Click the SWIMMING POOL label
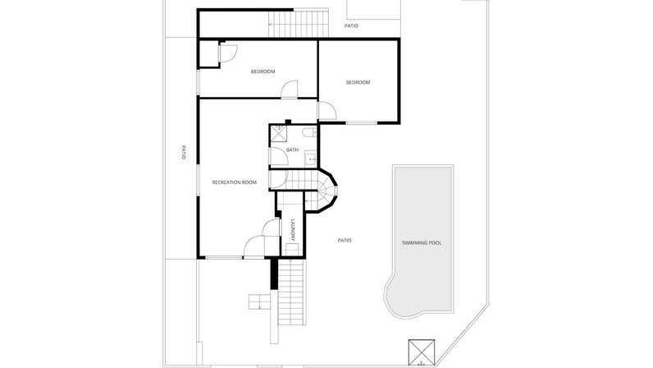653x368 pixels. (x=422, y=243)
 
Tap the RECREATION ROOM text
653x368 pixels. (x=235, y=182)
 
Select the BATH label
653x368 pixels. (x=292, y=149)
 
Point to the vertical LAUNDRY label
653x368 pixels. (x=293, y=230)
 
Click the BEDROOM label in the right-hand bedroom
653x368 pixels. (x=358, y=83)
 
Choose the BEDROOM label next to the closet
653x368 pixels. (x=263, y=71)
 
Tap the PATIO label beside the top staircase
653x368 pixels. (x=351, y=25)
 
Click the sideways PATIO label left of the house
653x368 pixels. (x=183, y=152)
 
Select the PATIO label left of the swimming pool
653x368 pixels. (x=345, y=241)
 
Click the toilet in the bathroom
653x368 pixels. (x=309, y=133)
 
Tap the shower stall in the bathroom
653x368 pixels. (x=278, y=133)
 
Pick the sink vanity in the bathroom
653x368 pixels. (x=311, y=159)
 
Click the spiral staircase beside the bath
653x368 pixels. (x=326, y=191)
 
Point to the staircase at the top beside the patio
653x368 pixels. (x=299, y=24)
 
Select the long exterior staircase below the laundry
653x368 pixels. (x=291, y=292)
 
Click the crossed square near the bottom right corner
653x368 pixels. (x=422, y=352)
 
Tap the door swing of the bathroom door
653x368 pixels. (x=280, y=155)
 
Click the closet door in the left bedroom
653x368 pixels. (x=228, y=53)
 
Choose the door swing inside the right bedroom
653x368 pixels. (x=327, y=111)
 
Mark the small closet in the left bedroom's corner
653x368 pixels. (x=208, y=53)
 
